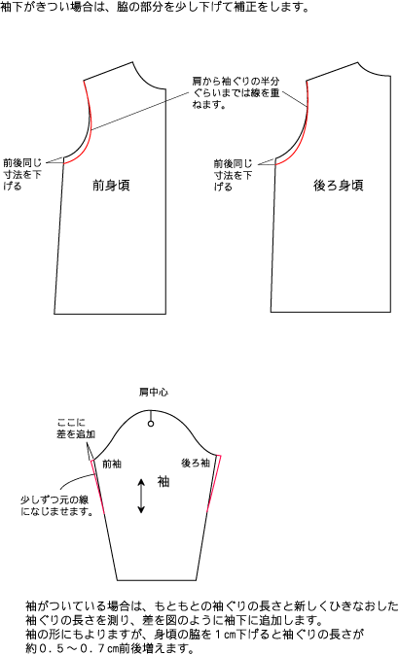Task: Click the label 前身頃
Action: click(x=111, y=185)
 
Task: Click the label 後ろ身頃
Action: click(x=339, y=185)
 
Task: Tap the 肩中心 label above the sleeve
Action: click(x=154, y=392)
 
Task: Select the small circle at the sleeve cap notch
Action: click(x=151, y=424)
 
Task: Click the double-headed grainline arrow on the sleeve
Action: click(x=141, y=496)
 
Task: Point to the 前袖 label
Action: click(x=112, y=464)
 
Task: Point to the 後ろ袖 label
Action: click(x=196, y=463)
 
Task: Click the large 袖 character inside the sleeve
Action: click(x=163, y=482)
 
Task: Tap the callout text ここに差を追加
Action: click(x=76, y=429)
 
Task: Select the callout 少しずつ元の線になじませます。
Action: click(x=56, y=505)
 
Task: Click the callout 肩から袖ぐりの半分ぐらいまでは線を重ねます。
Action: click(x=236, y=92)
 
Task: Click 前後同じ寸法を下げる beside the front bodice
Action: click(x=22, y=174)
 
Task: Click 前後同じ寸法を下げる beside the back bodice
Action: click(x=233, y=175)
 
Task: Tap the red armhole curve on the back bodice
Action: click(x=300, y=134)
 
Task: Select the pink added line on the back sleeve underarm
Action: click(x=214, y=483)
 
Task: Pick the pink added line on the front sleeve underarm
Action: click(x=97, y=485)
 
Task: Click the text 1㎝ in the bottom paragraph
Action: click(x=227, y=635)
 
